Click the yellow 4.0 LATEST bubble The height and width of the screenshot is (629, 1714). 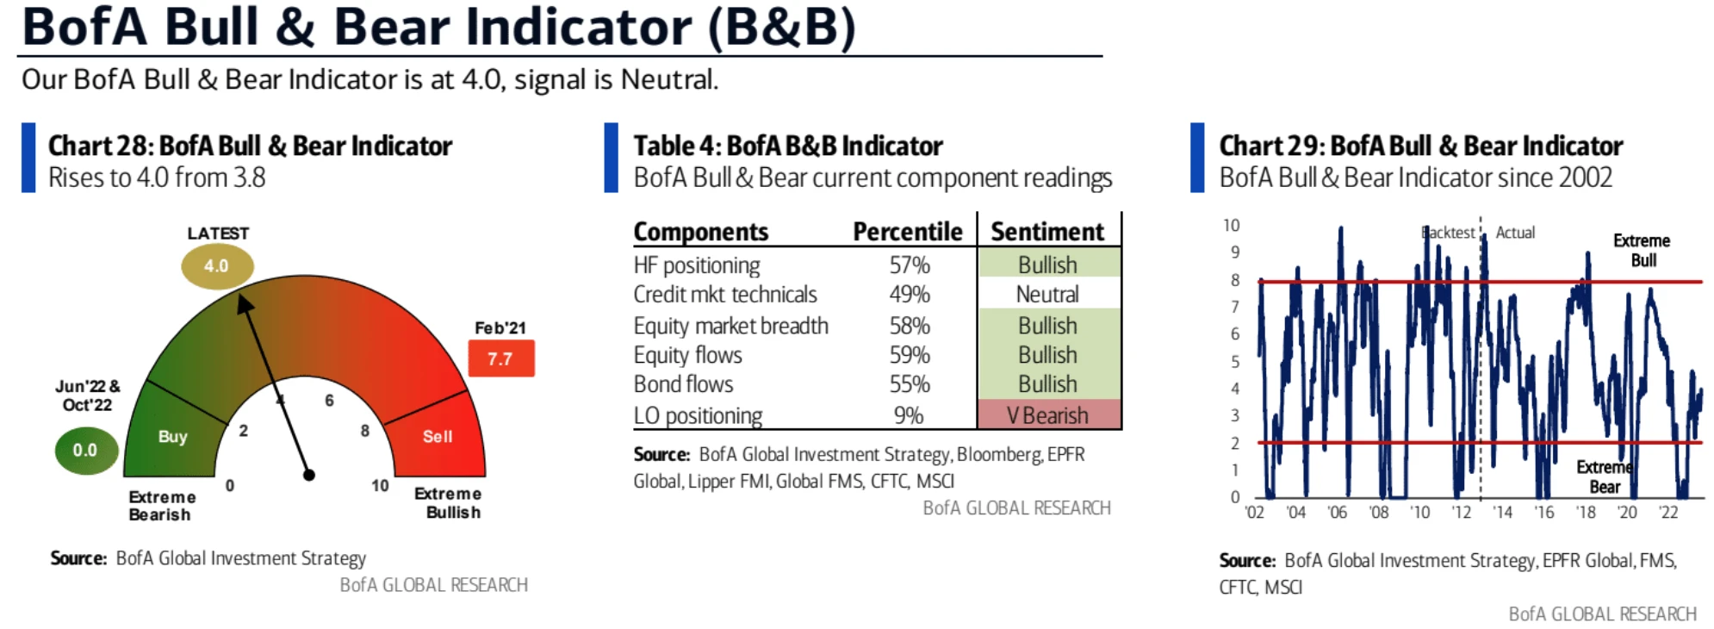tap(217, 266)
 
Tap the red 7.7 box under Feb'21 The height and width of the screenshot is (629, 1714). tap(501, 358)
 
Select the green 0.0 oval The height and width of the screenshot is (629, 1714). tap(86, 450)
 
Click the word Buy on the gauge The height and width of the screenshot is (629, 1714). tap(173, 437)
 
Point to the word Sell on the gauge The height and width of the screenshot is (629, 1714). tap(438, 437)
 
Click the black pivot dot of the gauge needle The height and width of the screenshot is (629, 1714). tap(309, 475)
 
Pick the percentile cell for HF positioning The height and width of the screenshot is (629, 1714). tap(910, 265)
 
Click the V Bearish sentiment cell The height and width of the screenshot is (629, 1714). tap(1049, 414)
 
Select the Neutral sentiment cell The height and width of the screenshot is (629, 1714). tap(1049, 294)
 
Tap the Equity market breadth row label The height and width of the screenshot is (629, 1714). tap(730, 326)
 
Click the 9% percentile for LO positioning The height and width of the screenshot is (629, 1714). tap(909, 415)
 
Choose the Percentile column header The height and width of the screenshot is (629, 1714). tap(908, 232)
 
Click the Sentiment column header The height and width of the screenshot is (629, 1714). tap(1047, 232)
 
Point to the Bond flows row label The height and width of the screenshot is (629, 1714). tap(683, 384)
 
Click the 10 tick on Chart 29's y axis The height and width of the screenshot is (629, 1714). tap(1232, 226)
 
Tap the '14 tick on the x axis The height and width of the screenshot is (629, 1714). tap(1503, 513)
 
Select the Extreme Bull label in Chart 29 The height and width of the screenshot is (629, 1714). tap(1643, 250)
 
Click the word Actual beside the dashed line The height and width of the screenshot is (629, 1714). tap(1515, 233)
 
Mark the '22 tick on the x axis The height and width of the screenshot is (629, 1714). tap(1668, 513)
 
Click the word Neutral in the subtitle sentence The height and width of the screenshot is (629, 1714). tap(668, 79)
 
